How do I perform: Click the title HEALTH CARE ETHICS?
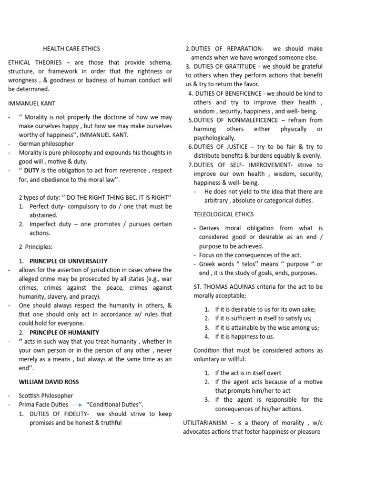(x=72, y=49)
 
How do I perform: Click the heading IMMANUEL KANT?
(x=31, y=103)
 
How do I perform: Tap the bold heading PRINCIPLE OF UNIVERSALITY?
(x=68, y=261)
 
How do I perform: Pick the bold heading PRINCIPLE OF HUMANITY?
(x=64, y=332)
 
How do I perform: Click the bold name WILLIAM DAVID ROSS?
(x=49, y=382)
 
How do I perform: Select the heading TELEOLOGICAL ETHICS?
(x=224, y=214)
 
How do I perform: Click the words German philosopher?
(x=46, y=143)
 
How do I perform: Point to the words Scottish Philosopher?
(x=46, y=396)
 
